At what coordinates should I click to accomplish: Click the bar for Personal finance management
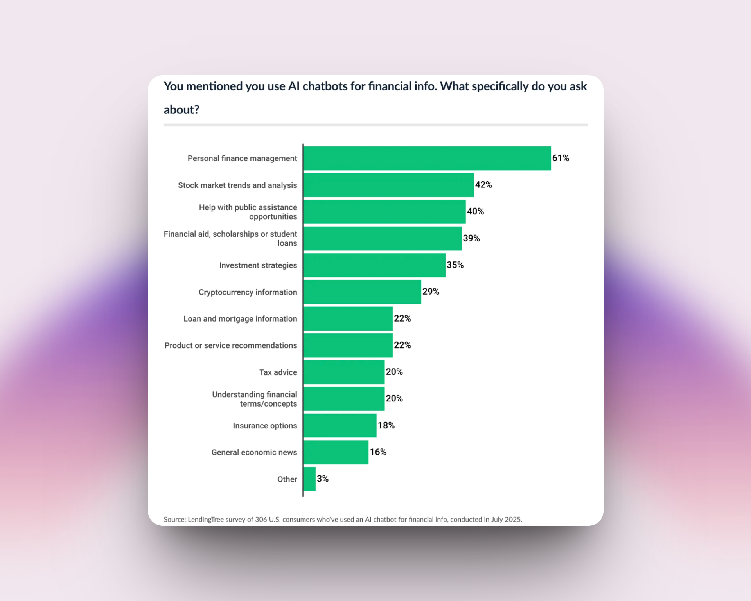coord(427,158)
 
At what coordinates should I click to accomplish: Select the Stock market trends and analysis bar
coord(388,185)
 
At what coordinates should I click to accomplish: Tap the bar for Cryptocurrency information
coord(362,292)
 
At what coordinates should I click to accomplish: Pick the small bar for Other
coord(309,479)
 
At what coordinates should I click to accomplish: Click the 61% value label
coord(561,158)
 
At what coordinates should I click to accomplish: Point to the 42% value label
coord(483,185)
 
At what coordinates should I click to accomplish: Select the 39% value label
coord(471,238)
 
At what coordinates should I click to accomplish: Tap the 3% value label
coord(323,479)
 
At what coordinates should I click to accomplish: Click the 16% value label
coord(378,452)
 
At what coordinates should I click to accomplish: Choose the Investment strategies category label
coord(258,265)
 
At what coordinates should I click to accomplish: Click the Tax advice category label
coord(278,372)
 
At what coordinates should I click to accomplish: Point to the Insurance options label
coord(265,426)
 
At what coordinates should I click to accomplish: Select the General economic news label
coord(254,452)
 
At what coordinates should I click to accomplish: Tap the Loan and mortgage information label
coord(240,319)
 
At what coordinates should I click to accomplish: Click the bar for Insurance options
coord(340,425)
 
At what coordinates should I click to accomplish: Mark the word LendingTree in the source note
coord(206,520)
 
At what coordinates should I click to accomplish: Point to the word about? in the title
coord(181,110)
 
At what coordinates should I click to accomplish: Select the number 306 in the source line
coord(261,520)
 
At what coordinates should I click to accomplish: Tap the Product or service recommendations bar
coord(348,345)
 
